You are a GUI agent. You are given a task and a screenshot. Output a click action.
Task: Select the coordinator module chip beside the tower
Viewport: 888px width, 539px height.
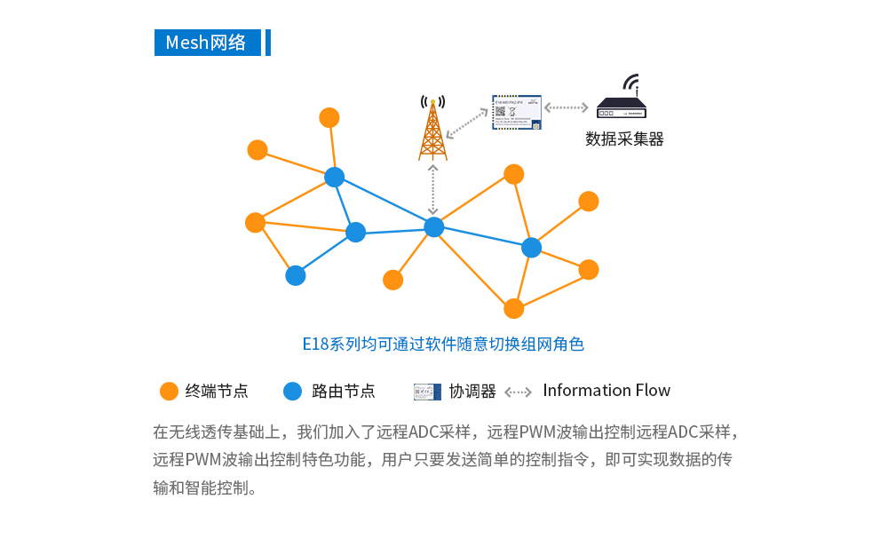[x=517, y=112]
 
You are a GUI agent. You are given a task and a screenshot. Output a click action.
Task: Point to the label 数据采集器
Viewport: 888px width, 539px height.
[x=624, y=139]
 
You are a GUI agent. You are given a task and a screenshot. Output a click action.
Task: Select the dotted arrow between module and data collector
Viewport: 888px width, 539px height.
[x=567, y=107]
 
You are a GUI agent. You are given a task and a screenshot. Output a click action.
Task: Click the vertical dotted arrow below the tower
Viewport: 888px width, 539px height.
[x=433, y=188]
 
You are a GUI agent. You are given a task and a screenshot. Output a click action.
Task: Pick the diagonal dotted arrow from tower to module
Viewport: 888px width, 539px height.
[x=467, y=124]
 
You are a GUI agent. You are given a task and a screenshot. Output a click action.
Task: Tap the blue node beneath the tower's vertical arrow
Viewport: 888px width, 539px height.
[x=433, y=227]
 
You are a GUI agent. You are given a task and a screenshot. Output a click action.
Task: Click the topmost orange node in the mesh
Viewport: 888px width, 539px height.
[x=329, y=117]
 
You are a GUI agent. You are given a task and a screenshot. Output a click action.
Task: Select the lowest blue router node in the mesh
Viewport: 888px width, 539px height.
[x=296, y=275]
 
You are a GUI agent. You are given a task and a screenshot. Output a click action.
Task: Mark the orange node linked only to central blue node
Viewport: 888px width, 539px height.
[x=392, y=280]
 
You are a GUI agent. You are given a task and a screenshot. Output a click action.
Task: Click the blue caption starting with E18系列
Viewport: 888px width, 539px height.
[x=443, y=345]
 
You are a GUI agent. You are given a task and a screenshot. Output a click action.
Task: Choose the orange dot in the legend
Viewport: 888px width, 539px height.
[x=169, y=392]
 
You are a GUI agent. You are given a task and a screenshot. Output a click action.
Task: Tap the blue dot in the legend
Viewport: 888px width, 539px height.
[x=293, y=392]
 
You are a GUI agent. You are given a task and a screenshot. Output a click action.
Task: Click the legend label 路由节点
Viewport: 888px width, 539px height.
[x=343, y=392]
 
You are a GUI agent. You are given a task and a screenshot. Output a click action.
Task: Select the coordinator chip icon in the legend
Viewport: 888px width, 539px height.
[x=427, y=392]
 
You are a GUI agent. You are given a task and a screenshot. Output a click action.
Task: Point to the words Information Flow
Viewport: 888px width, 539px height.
[x=607, y=391]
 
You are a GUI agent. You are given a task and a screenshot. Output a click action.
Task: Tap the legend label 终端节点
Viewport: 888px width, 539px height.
[x=217, y=392]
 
